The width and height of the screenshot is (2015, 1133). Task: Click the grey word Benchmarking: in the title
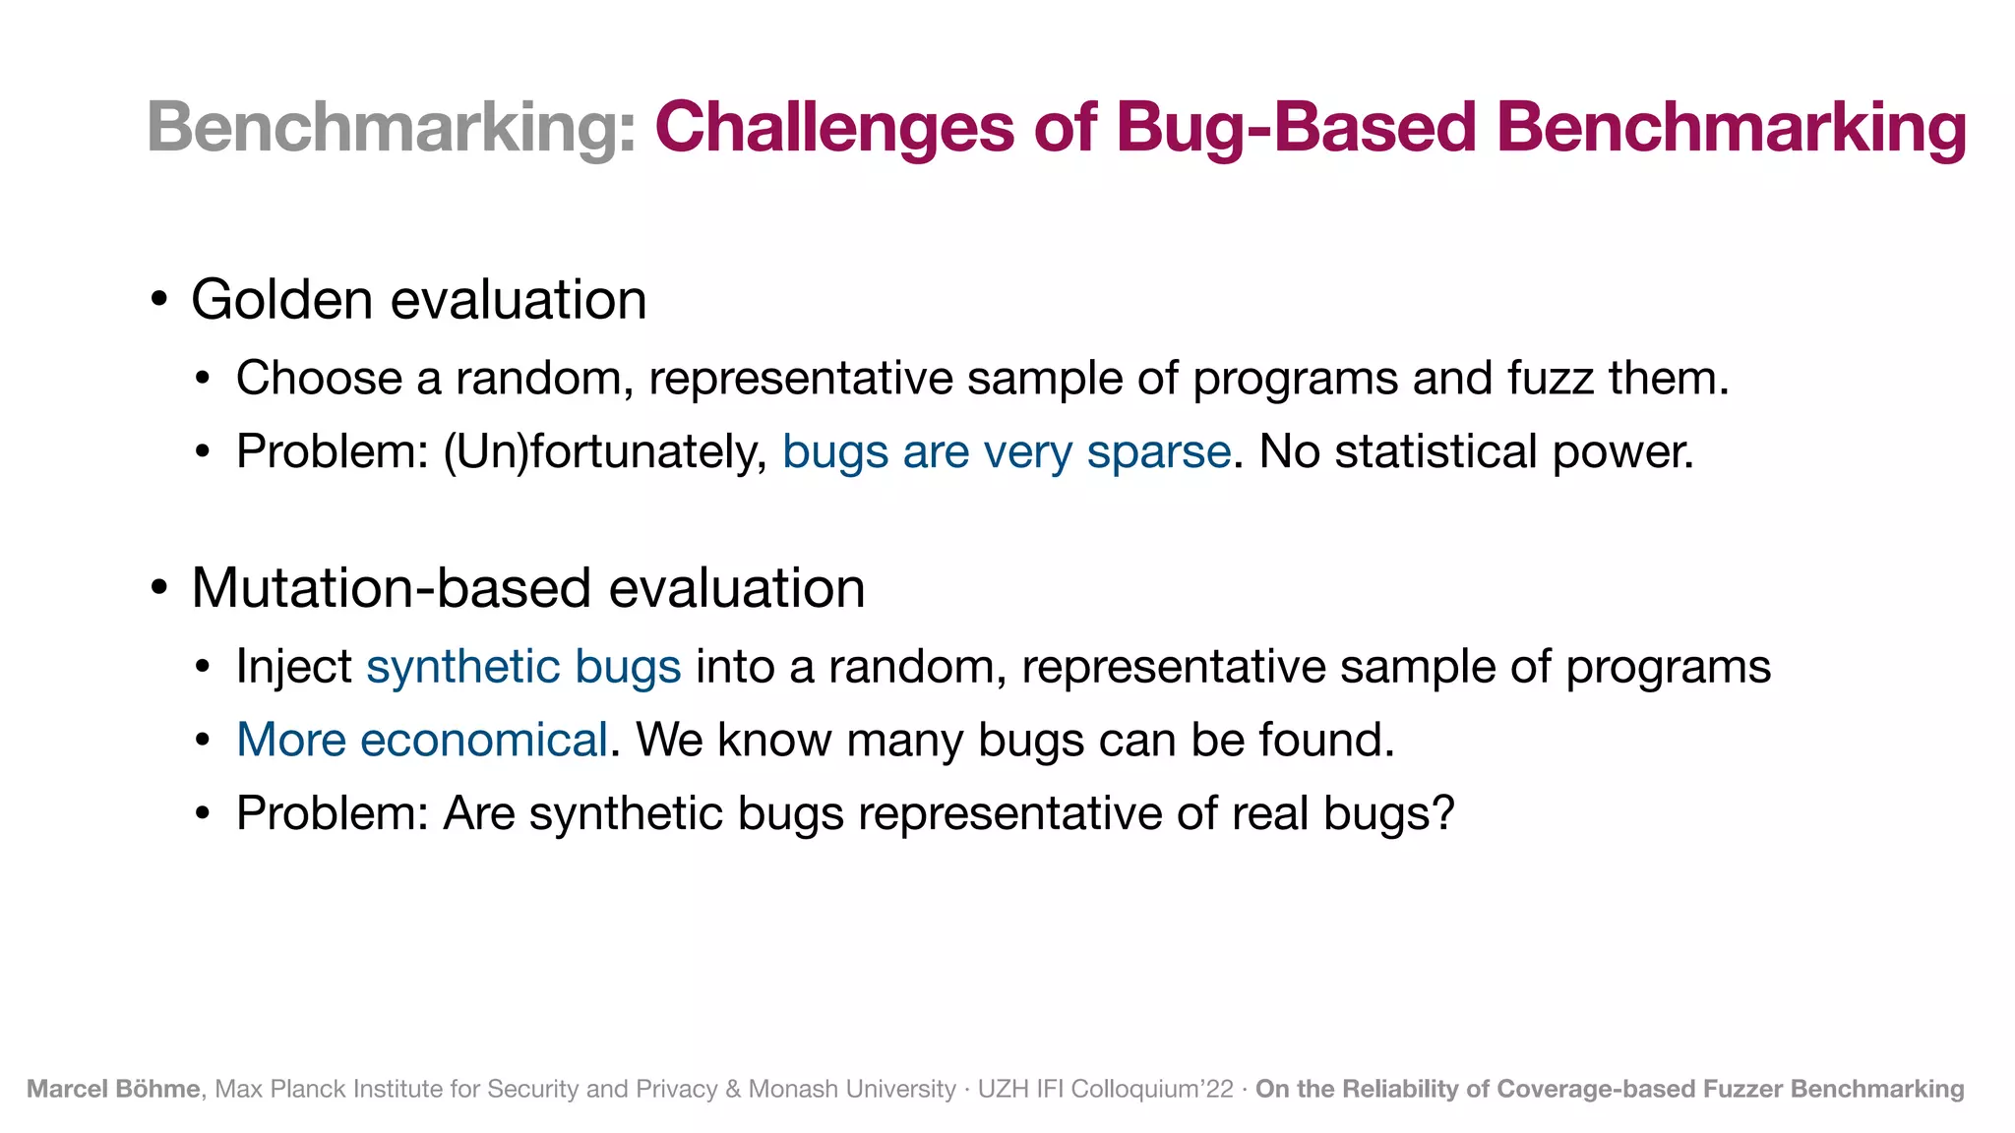[x=392, y=128]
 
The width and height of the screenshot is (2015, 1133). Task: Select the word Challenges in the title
[x=834, y=128]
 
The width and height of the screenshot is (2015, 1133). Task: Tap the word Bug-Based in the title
[x=1297, y=128]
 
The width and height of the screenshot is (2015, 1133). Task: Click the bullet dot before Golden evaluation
[x=159, y=299]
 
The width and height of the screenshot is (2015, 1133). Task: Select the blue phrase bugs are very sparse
[x=1007, y=451]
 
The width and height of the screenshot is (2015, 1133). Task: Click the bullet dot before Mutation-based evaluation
[x=159, y=588]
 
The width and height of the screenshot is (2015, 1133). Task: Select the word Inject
[x=294, y=667]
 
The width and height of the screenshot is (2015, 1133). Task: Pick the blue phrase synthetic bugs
[x=523, y=667]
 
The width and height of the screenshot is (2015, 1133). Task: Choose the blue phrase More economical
[x=422, y=740]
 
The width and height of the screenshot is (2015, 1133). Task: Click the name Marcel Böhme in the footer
[x=113, y=1089]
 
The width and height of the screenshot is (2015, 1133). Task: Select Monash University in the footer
[x=852, y=1089]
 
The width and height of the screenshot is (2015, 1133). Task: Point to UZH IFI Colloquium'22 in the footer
[x=1105, y=1089]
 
